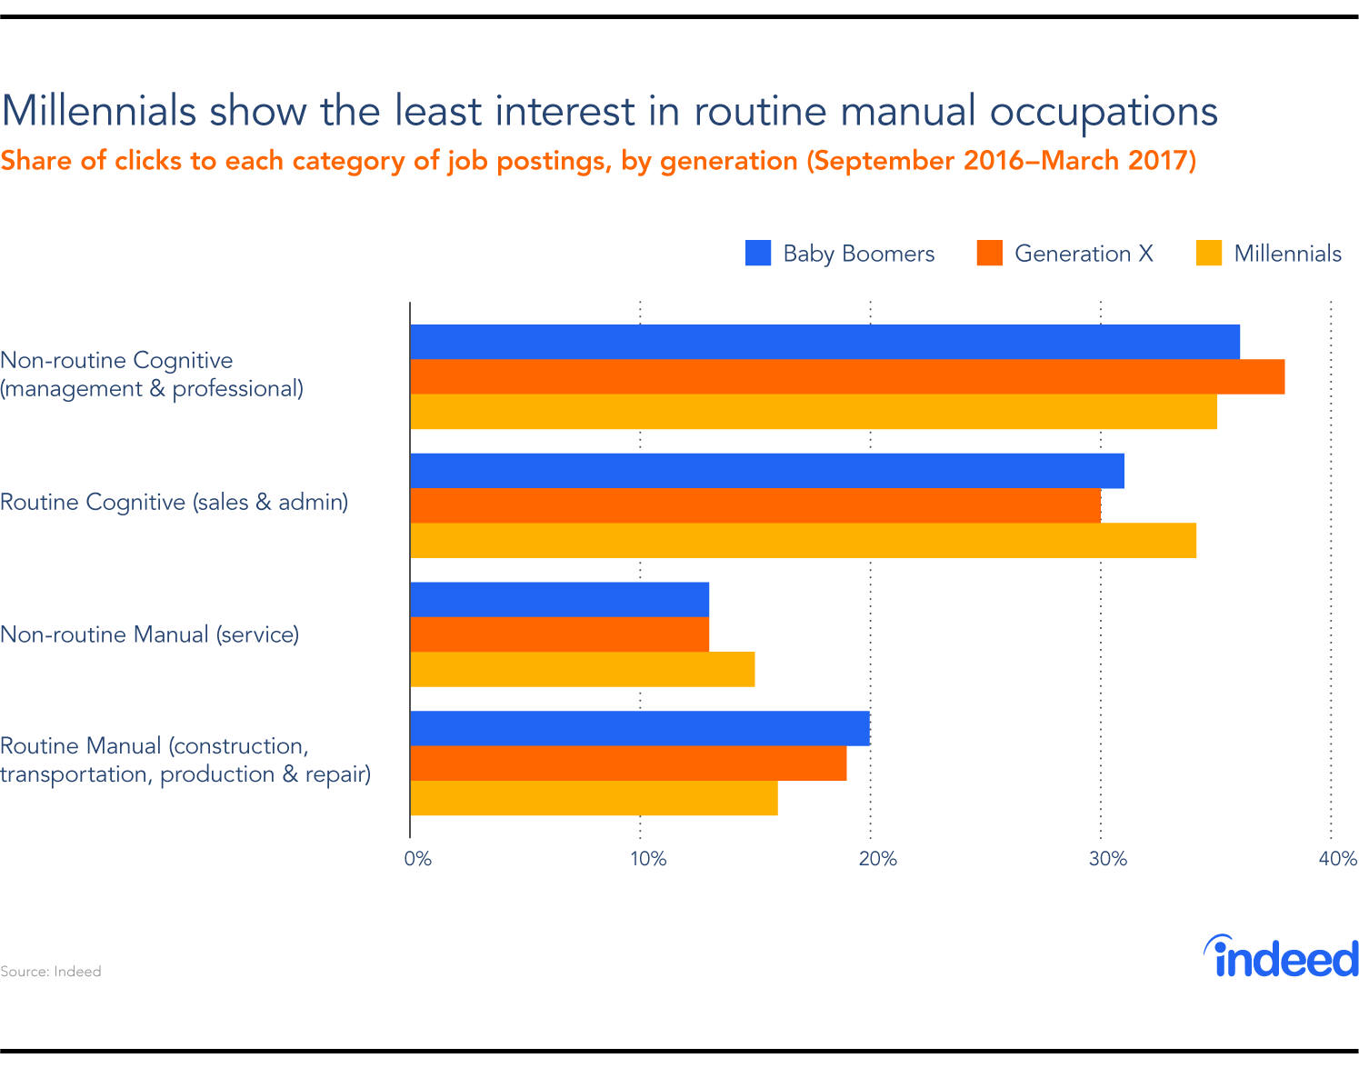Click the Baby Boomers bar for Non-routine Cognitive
point(824,342)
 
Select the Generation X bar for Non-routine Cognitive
point(847,376)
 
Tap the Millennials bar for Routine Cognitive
point(803,540)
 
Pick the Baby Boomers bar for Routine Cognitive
point(767,471)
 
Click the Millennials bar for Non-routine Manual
point(582,669)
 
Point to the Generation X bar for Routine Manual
point(628,763)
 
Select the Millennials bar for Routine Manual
point(594,798)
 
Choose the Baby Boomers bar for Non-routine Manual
point(559,600)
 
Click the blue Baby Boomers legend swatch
point(758,254)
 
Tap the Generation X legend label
point(1084,254)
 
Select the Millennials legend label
point(1287,254)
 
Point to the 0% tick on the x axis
point(417,859)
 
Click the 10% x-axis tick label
point(648,859)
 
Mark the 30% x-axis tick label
point(1108,859)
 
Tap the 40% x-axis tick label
point(1337,859)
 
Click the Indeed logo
point(1282,957)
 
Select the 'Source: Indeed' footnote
point(51,972)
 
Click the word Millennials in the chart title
point(99,111)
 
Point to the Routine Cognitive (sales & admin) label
point(175,503)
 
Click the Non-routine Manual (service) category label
point(150,634)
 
